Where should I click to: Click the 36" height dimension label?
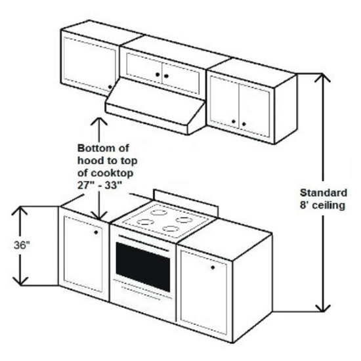22,245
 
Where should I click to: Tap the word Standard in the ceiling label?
324,193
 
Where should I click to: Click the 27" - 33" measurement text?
99,185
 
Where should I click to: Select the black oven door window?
143,266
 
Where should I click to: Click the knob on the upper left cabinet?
110,87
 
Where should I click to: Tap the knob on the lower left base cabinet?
96,232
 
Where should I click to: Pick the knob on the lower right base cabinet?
213,268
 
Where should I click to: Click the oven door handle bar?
144,243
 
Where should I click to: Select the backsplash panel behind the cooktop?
186,203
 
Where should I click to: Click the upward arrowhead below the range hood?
99,121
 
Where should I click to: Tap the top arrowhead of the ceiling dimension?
322,77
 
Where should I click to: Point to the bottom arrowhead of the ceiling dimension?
322,308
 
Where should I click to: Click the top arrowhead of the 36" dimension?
20,211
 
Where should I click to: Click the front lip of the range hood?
146,119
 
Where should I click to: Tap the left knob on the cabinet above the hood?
158,74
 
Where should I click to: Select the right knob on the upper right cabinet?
244,124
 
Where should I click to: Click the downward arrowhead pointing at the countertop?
99,215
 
